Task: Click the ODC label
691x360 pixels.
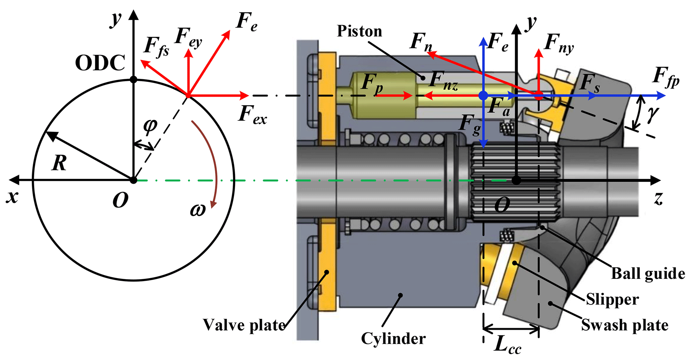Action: [x=100, y=63]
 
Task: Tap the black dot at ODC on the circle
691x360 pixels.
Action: [x=133, y=80]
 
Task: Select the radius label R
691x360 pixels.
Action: [x=59, y=163]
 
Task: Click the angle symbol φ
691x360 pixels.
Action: [x=150, y=125]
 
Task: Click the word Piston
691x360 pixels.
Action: [x=359, y=31]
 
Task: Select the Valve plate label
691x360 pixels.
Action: [x=244, y=325]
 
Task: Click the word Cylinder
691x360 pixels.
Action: [x=393, y=339]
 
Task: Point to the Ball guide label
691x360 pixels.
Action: [x=648, y=273]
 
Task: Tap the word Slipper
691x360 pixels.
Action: [x=612, y=299]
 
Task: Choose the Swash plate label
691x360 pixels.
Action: [x=624, y=325]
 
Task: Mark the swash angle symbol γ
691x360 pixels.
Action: [x=652, y=114]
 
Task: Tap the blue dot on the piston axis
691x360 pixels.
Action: [x=483, y=96]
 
